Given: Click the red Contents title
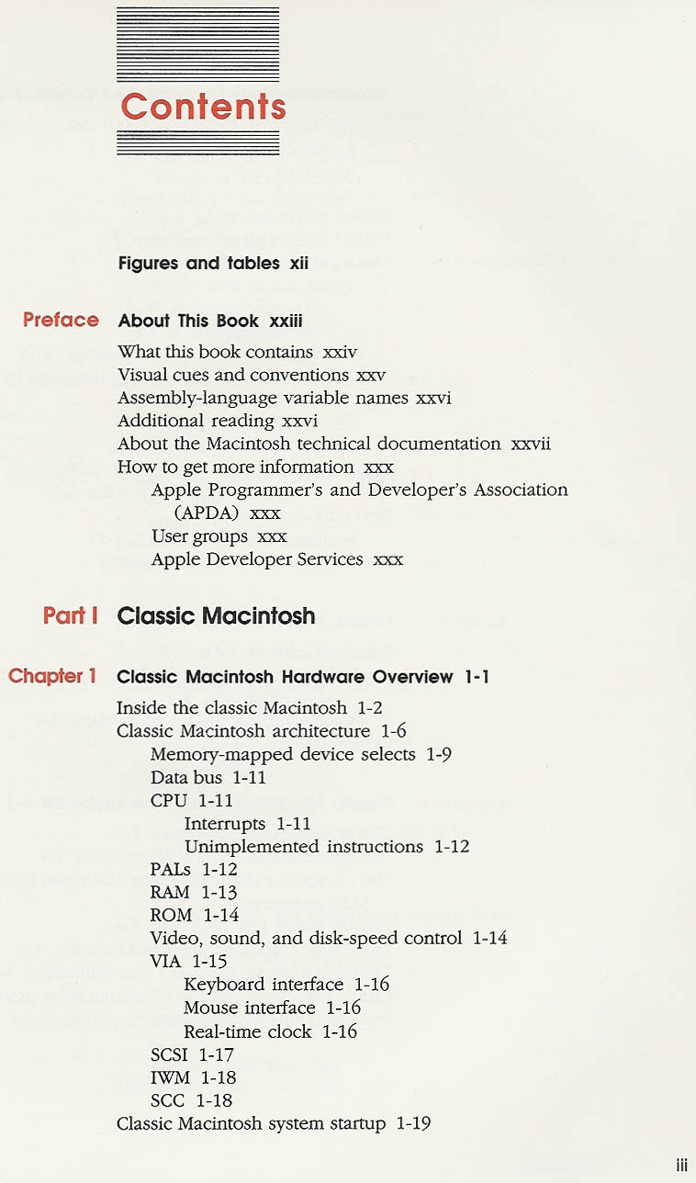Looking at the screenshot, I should [203, 107].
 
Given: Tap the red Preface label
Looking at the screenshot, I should [61, 320].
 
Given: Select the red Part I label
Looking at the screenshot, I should [71, 615].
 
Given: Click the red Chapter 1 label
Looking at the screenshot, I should [52, 676].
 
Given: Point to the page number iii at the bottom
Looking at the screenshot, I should [681, 1166].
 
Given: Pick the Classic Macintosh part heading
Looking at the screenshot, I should [216, 615].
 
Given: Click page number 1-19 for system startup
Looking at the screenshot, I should [413, 1123].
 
